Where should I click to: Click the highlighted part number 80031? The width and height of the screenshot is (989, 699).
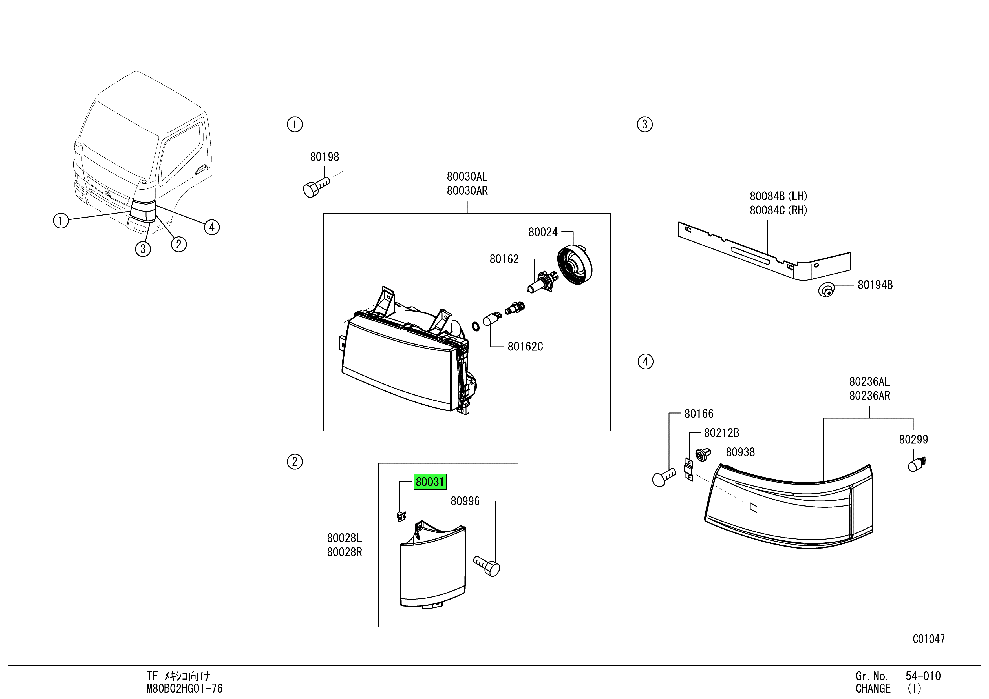click(x=430, y=482)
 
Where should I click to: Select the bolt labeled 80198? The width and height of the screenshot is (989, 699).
click(x=316, y=188)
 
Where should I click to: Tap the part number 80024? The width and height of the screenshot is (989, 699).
click(x=543, y=232)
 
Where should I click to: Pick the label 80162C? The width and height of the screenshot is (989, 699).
click(x=525, y=347)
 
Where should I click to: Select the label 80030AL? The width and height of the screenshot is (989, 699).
click(x=467, y=176)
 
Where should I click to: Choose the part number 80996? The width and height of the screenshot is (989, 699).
click(x=465, y=501)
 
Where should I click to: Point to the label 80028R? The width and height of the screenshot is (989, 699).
click(x=344, y=552)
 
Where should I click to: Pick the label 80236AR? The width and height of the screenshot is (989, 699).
click(x=869, y=396)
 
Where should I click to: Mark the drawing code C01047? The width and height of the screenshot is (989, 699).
click(x=928, y=639)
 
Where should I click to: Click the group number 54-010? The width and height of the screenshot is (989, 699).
click(x=923, y=676)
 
